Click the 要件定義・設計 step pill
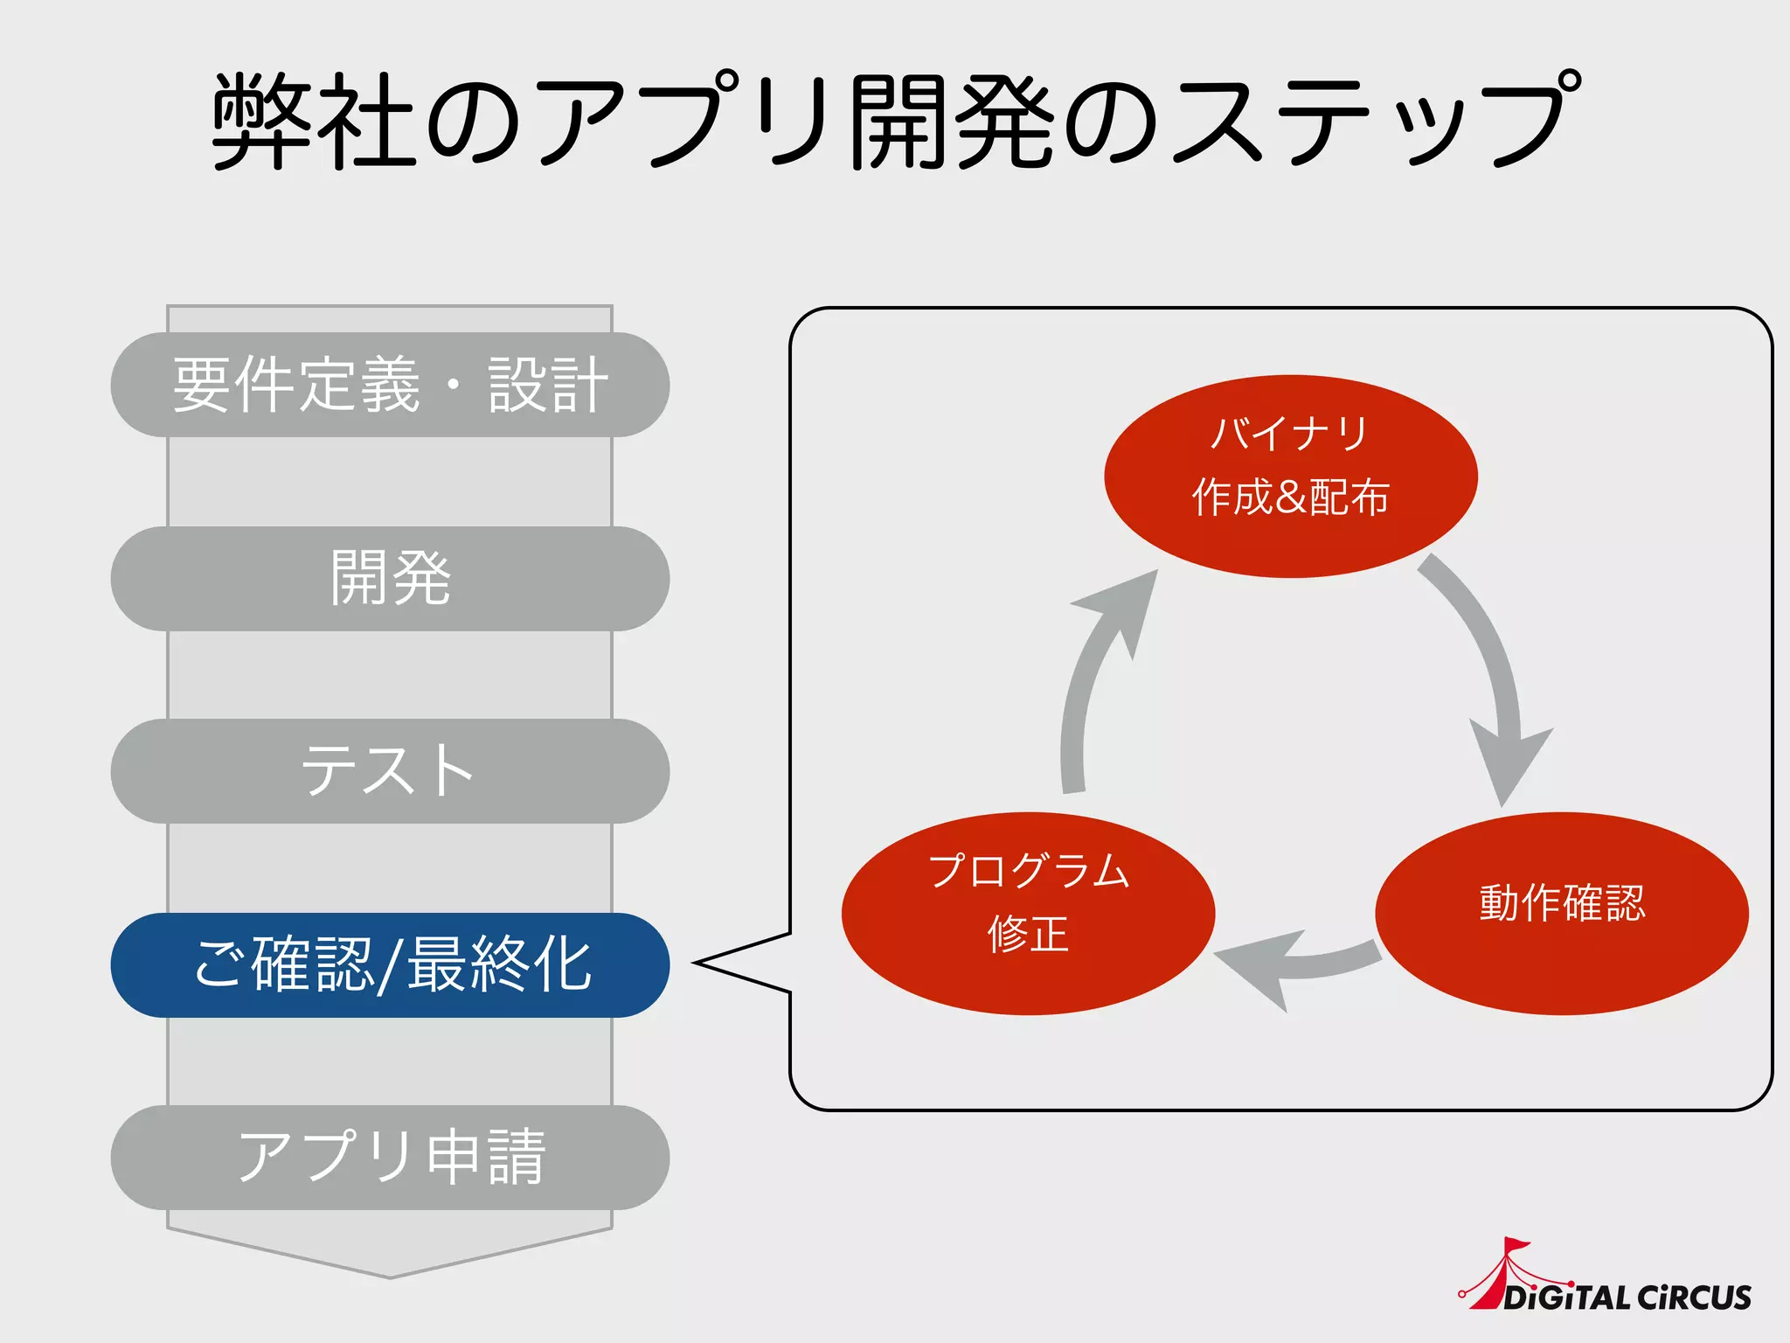pos(390,385)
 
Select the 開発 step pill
pos(390,578)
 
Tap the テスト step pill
pos(390,771)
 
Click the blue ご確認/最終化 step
pos(390,964)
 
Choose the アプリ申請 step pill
pos(390,1158)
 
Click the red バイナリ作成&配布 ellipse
pos(1290,477)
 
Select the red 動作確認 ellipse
pos(1562,914)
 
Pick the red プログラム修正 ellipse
pos(1028,914)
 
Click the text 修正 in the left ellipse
pos(1028,934)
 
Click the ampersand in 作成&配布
pos(1290,497)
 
